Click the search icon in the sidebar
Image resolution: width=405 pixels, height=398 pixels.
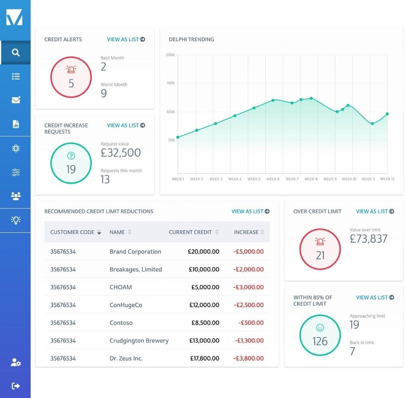(x=15, y=53)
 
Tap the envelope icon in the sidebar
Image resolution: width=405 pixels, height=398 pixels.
(x=16, y=100)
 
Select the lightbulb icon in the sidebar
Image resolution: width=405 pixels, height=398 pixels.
(x=15, y=220)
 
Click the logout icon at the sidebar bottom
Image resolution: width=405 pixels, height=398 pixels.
(x=15, y=386)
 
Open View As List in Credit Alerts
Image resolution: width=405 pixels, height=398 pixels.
(x=126, y=39)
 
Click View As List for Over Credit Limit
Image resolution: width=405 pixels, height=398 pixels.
(x=375, y=211)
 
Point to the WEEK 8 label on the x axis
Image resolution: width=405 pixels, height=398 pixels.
(x=311, y=179)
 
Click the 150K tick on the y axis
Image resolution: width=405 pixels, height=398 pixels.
(x=171, y=83)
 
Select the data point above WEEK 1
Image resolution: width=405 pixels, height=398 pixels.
(x=178, y=137)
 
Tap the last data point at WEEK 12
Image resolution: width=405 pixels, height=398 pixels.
(x=387, y=114)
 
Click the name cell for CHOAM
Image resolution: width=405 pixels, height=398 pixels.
(x=121, y=287)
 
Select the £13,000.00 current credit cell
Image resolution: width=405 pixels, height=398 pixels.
(x=204, y=341)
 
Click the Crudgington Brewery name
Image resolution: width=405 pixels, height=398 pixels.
(x=139, y=341)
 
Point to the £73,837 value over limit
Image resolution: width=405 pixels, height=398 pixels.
(x=368, y=239)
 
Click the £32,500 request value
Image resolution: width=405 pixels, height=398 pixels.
(x=121, y=153)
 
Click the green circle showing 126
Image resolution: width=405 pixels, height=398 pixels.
(x=320, y=335)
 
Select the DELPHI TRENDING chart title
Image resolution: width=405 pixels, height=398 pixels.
(x=191, y=39)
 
